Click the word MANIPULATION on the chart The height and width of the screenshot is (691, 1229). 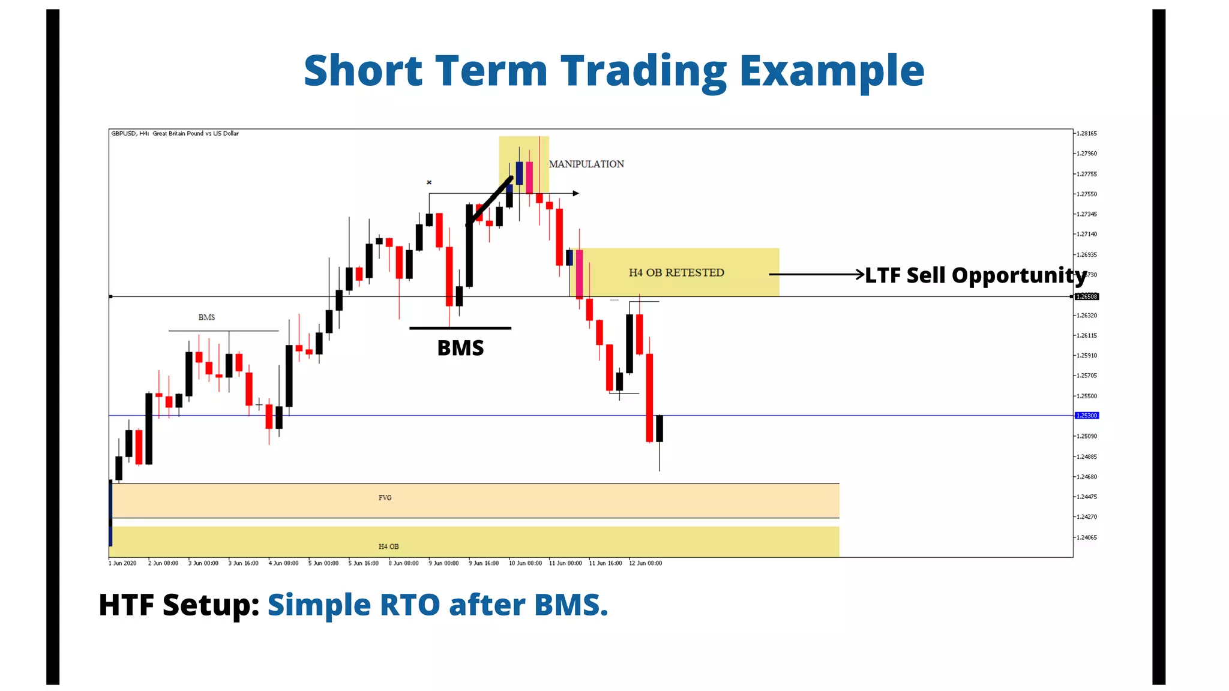pos(586,164)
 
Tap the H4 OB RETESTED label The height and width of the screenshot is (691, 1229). pos(676,273)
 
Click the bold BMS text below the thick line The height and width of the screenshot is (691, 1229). pos(460,348)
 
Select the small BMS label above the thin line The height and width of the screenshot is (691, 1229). pos(206,317)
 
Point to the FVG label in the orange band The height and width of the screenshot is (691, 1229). pos(385,498)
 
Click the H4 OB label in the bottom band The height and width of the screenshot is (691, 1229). pos(388,546)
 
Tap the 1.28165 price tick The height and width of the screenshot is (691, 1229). pos(1086,134)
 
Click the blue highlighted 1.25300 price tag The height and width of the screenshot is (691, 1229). pos(1087,416)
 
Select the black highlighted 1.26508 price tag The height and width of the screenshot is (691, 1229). pos(1087,297)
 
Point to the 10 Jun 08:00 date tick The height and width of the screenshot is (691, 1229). pos(525,563)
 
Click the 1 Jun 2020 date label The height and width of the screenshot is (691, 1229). pos(122,563)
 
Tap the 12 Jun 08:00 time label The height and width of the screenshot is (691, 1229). pos(645,563)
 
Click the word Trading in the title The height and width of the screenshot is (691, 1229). pos(643,71)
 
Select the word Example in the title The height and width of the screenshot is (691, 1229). pos(831,71)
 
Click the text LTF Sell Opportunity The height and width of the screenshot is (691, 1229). pos(975,275)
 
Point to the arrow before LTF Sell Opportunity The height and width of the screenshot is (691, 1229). pos(816,274)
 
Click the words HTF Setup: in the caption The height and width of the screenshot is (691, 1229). pos(178,605)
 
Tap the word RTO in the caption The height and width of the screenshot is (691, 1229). pos(410,605)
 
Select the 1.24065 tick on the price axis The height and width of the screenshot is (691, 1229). pos(1086,537)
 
